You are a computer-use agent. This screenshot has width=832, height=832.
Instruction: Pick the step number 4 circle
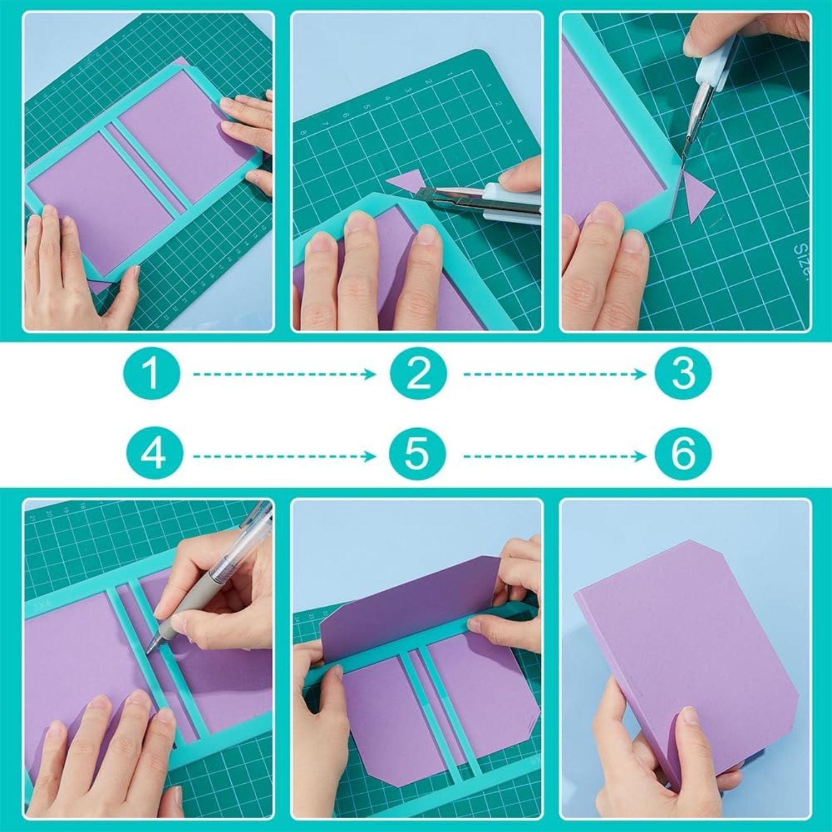click(153, 453)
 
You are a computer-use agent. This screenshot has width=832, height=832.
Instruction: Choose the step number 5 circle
click(417, 453)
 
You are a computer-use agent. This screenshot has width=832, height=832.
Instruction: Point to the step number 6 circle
click(683, 453)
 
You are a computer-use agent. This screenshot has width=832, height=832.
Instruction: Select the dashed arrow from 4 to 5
click(283, 456)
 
